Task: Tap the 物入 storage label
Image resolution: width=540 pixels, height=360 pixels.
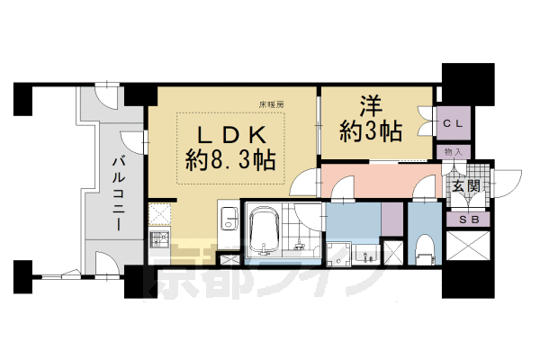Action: [455, 152]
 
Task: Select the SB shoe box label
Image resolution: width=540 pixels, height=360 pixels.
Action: [468, 219]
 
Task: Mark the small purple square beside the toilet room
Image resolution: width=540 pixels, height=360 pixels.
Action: [392, 219]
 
